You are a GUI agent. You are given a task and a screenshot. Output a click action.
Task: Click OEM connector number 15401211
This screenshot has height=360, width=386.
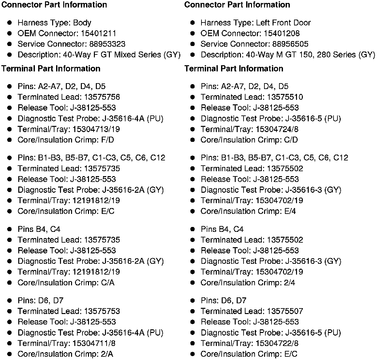98,33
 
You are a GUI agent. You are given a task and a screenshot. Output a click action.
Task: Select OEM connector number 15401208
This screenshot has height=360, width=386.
282,33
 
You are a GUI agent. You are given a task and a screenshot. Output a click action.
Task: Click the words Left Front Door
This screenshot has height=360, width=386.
283,23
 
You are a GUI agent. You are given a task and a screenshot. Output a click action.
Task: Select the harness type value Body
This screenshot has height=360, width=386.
82,23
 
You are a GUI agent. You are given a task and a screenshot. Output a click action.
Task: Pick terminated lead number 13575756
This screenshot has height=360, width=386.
102,97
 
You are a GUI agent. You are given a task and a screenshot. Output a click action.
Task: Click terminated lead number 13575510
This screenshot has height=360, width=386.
285,97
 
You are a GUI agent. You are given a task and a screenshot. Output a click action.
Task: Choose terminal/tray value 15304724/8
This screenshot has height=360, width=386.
277,129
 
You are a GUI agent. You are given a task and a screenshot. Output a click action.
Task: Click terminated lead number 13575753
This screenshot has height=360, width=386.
102,311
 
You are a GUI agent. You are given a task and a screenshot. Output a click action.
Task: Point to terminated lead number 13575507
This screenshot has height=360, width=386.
285,311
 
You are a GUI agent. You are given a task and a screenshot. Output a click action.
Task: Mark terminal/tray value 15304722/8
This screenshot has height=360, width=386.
277,343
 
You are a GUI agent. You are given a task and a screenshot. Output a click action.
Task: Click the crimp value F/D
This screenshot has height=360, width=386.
108,140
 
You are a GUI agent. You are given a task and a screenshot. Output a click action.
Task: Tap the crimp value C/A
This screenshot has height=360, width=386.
108,282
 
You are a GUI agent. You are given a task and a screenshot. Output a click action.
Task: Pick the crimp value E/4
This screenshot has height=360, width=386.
290,211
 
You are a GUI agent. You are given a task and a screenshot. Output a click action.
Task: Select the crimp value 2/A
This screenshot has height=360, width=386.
107,354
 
